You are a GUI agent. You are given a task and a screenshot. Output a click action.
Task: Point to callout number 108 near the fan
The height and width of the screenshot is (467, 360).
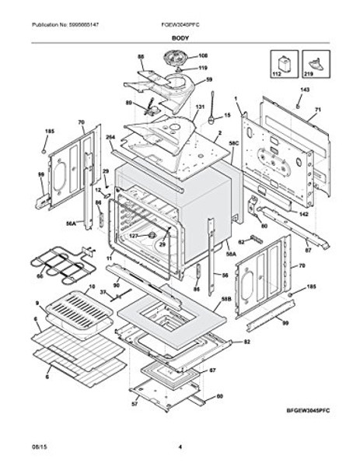pos(181,56)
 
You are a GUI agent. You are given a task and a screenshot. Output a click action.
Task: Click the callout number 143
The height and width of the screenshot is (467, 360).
pos(304,91)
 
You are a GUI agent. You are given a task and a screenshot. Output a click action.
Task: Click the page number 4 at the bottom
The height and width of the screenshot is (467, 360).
pos(180,447)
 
